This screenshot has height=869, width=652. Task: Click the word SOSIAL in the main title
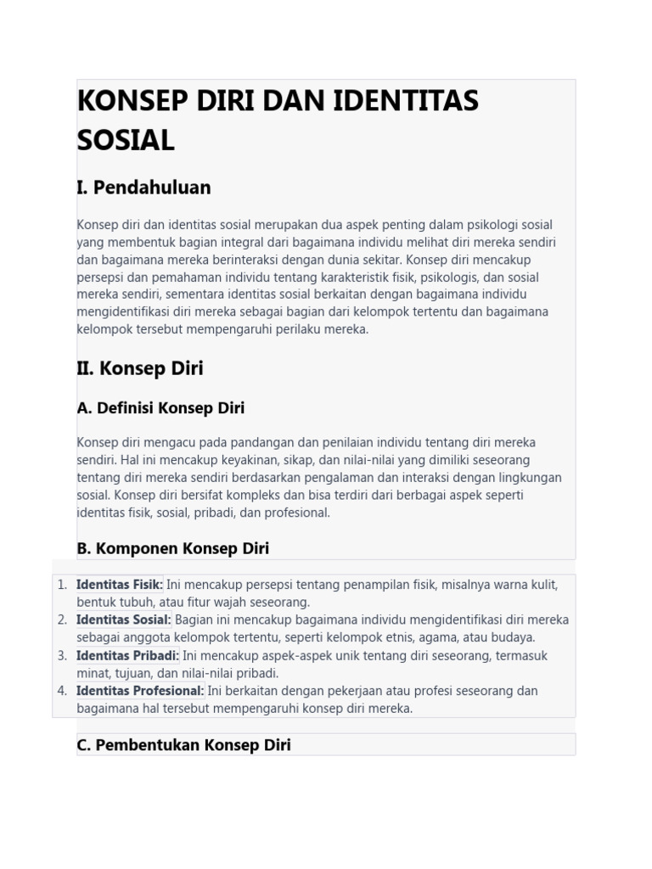[126, 140]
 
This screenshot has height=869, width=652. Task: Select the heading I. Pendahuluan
[143, 188]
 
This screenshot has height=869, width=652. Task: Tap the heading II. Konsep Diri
[140, 368]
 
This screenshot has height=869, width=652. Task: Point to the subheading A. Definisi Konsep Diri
[160, 408]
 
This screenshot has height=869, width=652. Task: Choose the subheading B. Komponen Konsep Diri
[172, 548]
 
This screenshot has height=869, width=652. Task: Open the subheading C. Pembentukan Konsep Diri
[183, 745]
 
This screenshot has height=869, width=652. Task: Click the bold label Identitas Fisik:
[119, 585]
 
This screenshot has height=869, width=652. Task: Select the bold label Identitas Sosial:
[123, 620]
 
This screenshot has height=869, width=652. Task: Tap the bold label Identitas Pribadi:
[127, 655]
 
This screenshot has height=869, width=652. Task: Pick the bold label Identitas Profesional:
[140, 691]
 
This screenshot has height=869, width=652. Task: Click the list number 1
[61, 585]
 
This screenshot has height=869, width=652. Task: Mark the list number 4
[61, 691]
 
